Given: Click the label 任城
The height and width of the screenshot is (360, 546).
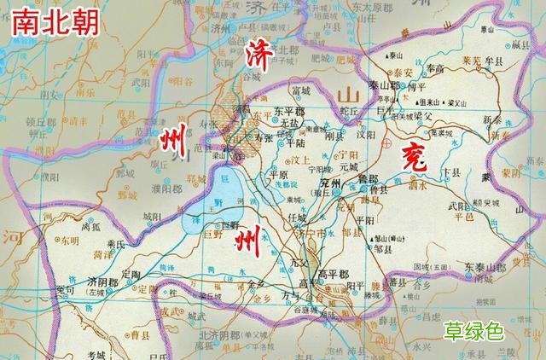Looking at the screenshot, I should click(x=298, y=218).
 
